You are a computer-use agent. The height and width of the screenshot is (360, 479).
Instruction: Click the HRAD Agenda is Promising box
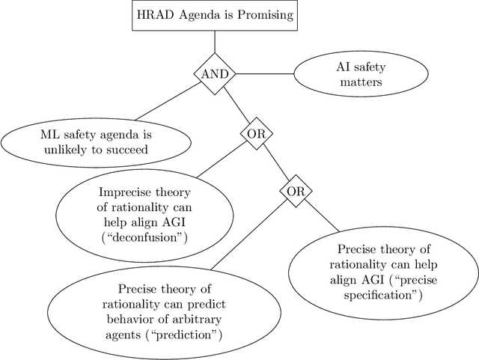[214, 15]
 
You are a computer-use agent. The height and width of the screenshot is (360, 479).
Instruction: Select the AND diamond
[215, 74]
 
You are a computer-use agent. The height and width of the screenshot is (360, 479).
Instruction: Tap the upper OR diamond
[255, 133]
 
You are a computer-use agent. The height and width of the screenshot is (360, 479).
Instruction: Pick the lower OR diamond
[296, 192]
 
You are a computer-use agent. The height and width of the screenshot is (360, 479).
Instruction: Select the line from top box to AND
[215, 43]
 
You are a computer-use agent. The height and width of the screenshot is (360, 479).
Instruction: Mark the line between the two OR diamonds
[275, 162]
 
